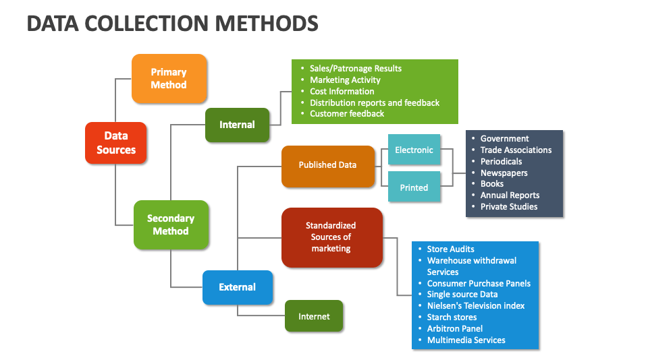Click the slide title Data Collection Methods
point(172,24)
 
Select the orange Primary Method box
point(169,79)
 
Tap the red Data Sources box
point(116,143)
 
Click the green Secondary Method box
point(171,224)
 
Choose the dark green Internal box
point(237,125)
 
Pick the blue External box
point(238,287)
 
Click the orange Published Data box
point(327,165)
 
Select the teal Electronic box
point(414,150)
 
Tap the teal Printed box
point(414,188)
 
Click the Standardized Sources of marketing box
point(331,237)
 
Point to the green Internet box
point(314,316)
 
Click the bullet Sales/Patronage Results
point(355,69)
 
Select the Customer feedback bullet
point(346,114)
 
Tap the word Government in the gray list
point(504,139)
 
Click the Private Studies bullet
point(509,207)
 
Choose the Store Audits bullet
point(450,249)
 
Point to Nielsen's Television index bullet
point(475,306)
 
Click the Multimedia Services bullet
point(466,340)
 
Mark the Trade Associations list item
point(516,150)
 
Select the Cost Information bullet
point(342,92)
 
